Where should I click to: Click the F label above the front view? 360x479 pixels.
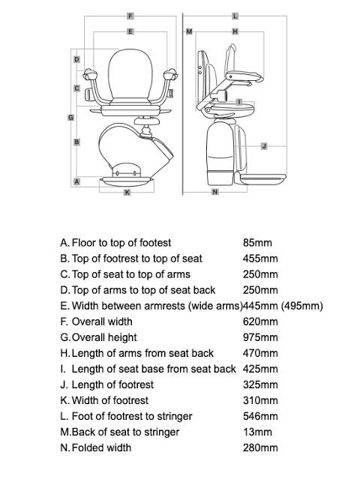pos(130,16)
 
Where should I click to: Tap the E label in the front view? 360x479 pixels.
pos(130,31)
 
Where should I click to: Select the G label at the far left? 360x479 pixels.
pos(70,118)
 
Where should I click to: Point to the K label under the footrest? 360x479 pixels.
pos(127,193)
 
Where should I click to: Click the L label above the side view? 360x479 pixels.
pos(235,16)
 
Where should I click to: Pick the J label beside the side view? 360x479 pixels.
pos(264,146)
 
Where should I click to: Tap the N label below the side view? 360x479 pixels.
pos(215,193)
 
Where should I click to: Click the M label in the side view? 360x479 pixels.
pos(189,31)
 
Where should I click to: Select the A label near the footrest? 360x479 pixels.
pos(76,182)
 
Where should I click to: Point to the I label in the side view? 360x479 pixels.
pos(238,102)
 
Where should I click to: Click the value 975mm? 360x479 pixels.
pos(260,337)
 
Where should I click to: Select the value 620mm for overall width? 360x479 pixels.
pos(260,322)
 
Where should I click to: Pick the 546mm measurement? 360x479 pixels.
pos(260,416)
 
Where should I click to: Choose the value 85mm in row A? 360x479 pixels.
pos(257,243)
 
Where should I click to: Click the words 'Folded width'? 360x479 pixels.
pos(101,448)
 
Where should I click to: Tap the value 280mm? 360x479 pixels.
pos(260,448)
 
